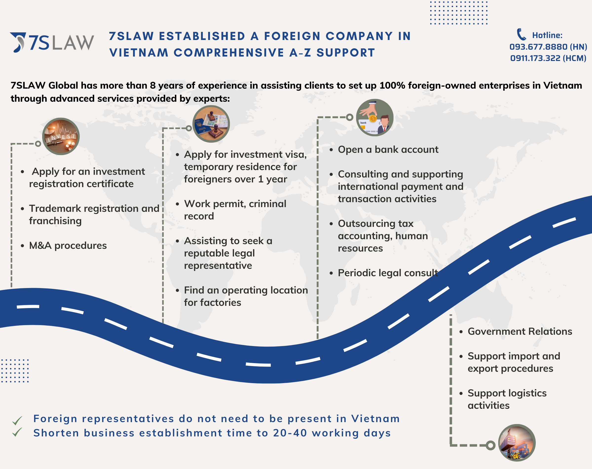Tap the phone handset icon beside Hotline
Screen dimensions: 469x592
[521, 35]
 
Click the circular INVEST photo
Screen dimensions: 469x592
[61, 137]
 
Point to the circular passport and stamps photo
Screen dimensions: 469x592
[211, 124]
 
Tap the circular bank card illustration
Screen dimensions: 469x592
[375, 117]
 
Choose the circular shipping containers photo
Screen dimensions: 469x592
[517, 443]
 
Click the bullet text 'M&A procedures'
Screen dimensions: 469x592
[68, 245]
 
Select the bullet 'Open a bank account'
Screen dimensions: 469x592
[388, 150]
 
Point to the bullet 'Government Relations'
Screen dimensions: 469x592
[519, 332]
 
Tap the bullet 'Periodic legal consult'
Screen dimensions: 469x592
[388, 273]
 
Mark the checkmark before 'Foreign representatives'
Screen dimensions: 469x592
[17, 420]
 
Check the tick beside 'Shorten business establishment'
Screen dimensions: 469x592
[17, 432]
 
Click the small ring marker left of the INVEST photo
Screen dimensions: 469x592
[38, 144]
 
